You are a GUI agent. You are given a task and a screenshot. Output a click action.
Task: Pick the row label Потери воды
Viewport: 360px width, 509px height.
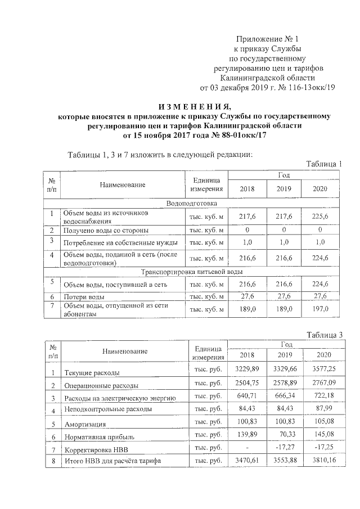84,296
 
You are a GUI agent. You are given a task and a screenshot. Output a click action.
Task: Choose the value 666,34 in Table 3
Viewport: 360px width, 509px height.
283,398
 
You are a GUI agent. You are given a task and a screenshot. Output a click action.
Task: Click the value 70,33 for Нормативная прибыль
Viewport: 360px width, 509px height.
283,436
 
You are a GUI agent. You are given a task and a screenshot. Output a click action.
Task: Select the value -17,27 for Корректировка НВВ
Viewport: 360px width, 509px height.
283,449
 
